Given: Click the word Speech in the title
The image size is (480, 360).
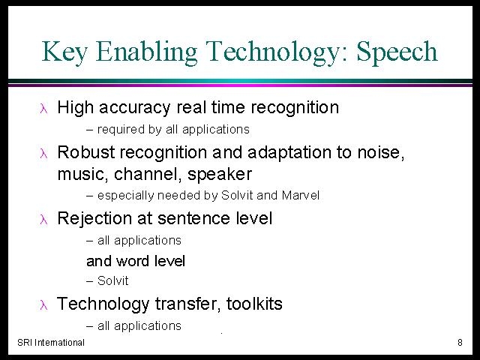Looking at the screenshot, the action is tap(397, 52).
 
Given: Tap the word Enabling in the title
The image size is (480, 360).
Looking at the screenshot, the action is tap(146, 52).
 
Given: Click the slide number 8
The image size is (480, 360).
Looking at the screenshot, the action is tap(460, 342).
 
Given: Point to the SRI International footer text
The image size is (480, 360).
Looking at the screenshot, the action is tap(51, 342).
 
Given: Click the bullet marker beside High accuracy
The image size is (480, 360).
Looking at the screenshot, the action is tap(43, 109).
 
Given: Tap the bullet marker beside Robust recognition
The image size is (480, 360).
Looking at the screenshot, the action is tap(43, 153).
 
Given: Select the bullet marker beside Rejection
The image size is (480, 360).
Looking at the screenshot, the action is tap(43, 220).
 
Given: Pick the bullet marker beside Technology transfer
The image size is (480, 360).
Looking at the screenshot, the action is tap(43, 305).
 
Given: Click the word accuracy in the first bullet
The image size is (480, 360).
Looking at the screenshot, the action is tap(134, 108).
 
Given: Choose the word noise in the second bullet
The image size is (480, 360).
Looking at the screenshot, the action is tap(381, 152).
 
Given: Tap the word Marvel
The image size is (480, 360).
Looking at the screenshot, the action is tap(300, 195).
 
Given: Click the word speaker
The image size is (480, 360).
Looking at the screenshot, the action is tap(220, 175).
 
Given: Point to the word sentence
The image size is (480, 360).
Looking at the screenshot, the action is tap(193, 218).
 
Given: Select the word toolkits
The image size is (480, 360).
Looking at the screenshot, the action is tap(254, 304).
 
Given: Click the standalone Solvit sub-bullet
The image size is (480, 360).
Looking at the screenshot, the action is tap(112, 280).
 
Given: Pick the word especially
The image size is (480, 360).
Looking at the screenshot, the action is tap(125, 196).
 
